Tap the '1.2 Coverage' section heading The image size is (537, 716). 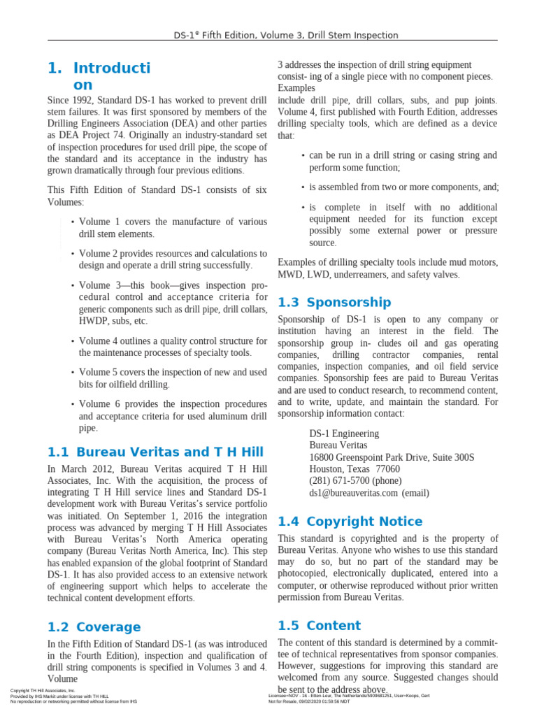point(94,626)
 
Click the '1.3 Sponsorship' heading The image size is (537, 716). point(334,302)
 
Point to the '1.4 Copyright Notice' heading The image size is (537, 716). point(350,521)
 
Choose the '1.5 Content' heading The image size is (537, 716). point(319,625)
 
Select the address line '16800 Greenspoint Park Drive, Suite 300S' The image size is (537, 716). point(392,457)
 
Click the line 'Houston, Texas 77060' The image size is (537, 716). point(355,468)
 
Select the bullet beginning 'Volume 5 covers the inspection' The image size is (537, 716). point(173,378)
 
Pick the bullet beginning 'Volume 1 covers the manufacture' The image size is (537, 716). point(173,228)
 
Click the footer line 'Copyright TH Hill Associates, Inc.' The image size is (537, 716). point(43,691)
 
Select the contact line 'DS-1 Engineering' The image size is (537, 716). point(344,433)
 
